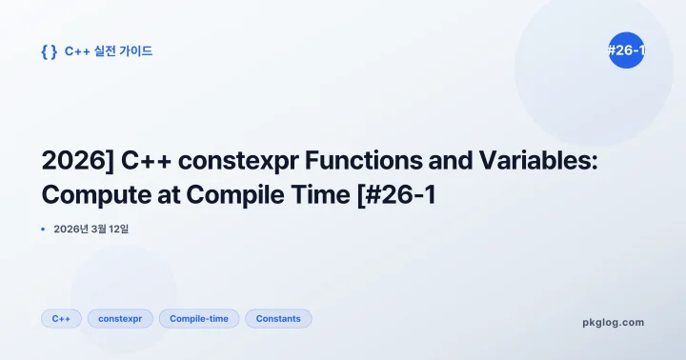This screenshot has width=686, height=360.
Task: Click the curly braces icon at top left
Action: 49,51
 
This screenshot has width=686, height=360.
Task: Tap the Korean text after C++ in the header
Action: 121,51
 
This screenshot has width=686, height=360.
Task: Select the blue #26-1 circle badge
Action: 626,50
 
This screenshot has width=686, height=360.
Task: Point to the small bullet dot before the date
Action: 44,230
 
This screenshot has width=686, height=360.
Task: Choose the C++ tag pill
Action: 61,318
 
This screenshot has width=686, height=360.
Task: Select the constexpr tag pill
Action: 120,318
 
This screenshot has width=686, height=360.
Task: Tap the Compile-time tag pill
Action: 199,318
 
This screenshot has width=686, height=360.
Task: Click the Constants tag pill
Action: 278,318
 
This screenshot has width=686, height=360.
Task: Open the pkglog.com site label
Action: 613,322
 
